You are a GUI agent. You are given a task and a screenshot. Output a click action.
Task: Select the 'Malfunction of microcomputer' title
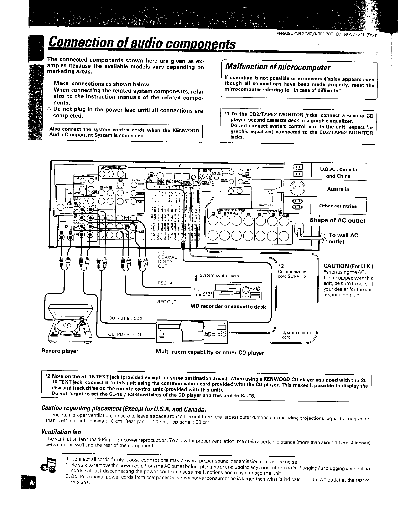[277, 68]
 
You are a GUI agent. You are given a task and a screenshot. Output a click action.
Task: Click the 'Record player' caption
[60, 351]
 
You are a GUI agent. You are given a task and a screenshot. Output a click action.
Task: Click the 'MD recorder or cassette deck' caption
[228, 307]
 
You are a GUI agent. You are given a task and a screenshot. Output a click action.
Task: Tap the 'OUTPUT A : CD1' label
[123, 335]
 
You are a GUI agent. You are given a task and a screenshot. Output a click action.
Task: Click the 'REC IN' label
[165, 283]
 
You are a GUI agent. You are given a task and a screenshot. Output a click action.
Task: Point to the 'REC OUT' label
[166, 302]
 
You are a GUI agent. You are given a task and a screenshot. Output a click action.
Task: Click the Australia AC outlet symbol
[298, 189]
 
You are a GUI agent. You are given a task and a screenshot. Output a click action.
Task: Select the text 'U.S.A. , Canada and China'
[338, 173]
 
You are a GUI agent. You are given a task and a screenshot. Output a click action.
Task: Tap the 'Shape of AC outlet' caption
[337, 221]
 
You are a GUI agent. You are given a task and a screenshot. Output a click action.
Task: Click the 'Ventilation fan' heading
[61, 432]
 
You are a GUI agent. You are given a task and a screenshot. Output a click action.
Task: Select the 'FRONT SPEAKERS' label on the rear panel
[231, 210]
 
